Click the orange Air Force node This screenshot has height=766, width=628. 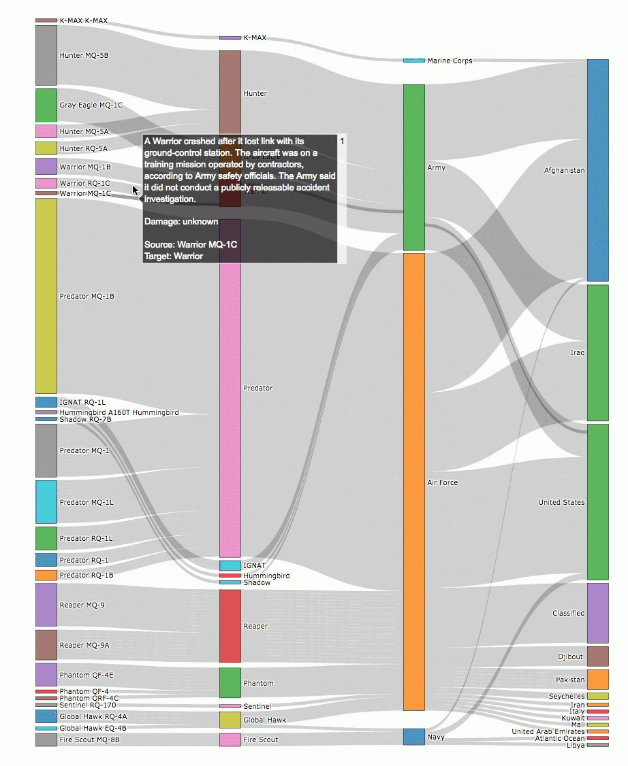[x=414, y=482]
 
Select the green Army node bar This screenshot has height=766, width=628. [x=414, y=167]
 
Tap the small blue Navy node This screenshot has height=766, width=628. [x=414, y=736]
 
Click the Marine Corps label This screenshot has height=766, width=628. [x=450, y=61]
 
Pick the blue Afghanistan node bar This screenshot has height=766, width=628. [x=597, y=170]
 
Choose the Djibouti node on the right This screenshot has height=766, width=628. [x=597, y=656]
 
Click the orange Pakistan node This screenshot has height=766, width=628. [x=597, y=680]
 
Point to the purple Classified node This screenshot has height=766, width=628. [x=597, y=613]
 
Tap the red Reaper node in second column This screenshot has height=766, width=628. [x=230, y=626]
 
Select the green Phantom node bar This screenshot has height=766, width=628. [x=230, y=683]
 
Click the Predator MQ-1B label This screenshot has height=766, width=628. [x=87, y=297]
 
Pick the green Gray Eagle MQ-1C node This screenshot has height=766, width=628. [x=46, y=105]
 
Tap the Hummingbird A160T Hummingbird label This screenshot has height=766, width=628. [x=119, y=413]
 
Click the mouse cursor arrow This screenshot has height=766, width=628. [x=136, y=190]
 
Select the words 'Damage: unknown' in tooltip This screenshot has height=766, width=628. [x=181, y=222]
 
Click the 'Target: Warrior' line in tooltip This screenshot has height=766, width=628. [x=173, y=256]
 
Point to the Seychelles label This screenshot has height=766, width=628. [x=567, y=697]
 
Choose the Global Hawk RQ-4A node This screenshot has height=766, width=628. [x=46, y=716]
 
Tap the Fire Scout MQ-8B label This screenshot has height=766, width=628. [x=89, y=739]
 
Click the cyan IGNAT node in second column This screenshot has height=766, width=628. [x=230, y=565]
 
